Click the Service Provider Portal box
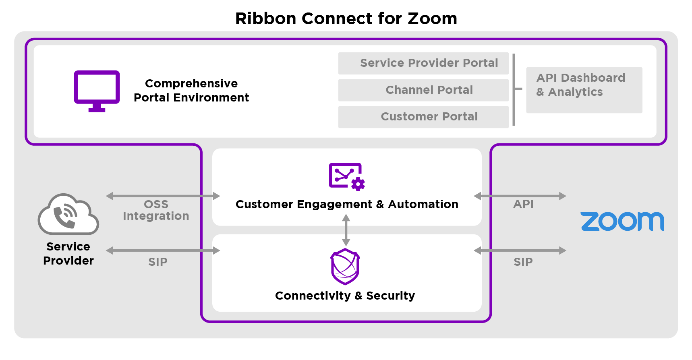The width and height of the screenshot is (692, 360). tap(423, 63)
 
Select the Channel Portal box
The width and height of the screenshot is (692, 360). tap(423, 90)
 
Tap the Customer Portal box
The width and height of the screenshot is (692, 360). tap(423, 117)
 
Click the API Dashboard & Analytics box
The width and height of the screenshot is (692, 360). tap(584, 90)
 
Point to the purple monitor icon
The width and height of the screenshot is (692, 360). tap(97, 91)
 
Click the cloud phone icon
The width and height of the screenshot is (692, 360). tap(68, 214)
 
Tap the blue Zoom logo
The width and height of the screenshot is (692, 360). tap(622, 221)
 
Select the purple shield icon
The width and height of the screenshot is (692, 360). tap(345, 267)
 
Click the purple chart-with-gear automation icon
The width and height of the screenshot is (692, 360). tap(347, 176)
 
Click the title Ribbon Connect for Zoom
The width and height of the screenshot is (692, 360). tap(346, 19)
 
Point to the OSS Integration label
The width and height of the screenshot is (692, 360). tap(156, 210)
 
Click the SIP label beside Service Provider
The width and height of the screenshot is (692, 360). tap(158, 262)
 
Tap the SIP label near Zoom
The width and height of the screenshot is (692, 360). tap(523, 262)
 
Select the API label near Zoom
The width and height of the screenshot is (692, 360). tap(524, 204)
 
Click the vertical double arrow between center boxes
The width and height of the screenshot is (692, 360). tap(346, 230)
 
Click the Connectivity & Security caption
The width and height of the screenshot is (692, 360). tap(345, 296)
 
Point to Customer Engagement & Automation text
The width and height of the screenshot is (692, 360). tap(347, 205)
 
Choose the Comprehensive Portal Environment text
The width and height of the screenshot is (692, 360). tap(191, 91)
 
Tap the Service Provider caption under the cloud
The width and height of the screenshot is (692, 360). tap(68, 254)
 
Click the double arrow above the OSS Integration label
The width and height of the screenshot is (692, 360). tap(163, 196)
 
